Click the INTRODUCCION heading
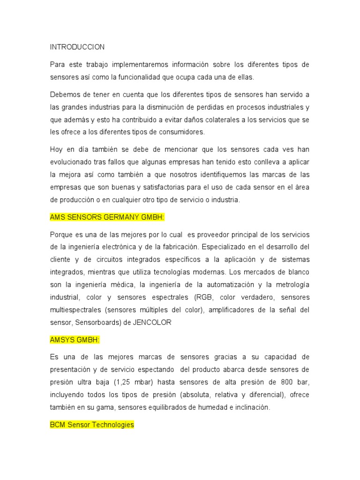(77, 47)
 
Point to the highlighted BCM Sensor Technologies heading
(92, 425)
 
